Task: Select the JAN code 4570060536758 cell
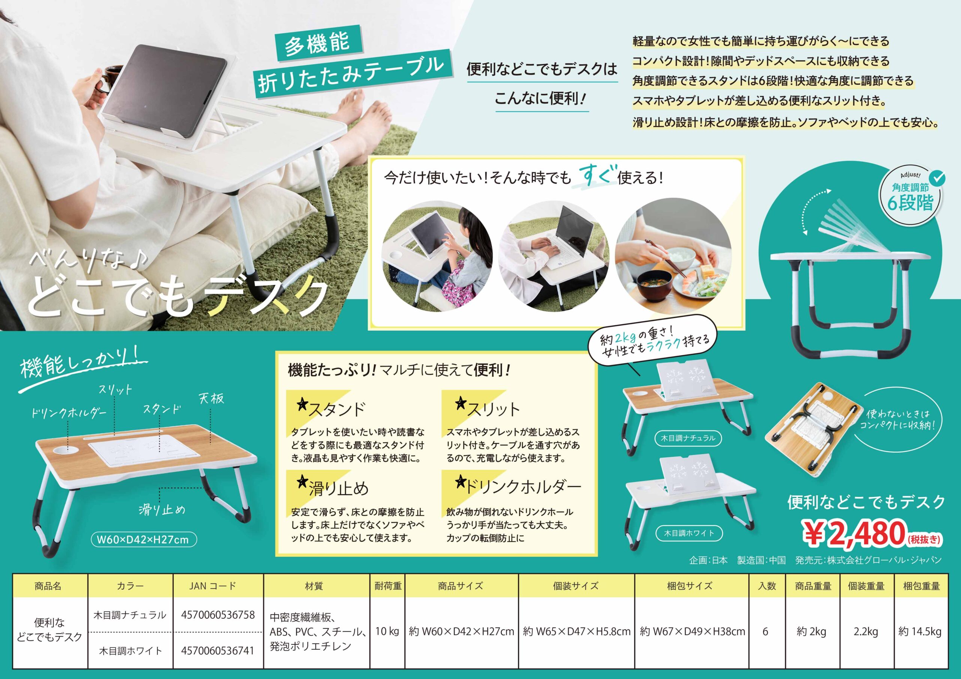[x=218, y=614]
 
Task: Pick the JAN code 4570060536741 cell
[x=218, y=650]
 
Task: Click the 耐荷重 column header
[x=387, y=586]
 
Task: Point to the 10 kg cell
[x=387, y=631]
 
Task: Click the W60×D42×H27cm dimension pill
[x=143, y=540]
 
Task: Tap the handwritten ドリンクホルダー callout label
[x=69, y=413]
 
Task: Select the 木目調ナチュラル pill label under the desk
[x=688, y=439]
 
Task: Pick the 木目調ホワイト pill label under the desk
[x=689, y=533]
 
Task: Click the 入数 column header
[x=767, y=586]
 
